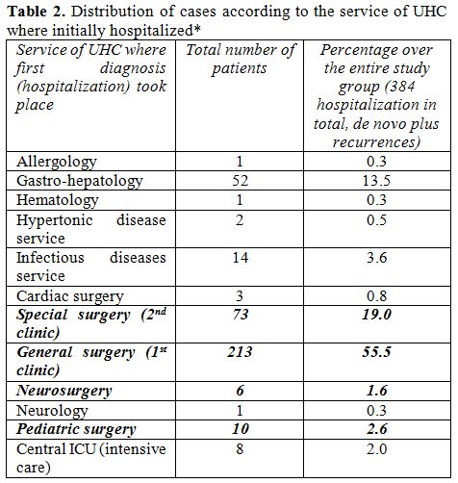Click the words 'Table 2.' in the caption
(37, 12)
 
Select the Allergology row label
(57, 162)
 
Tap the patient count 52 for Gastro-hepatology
(241, 181)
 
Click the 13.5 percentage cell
(376, 181)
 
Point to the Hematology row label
(58, 200)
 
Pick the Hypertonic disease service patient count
(240, 220)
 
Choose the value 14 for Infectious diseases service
(241, 258)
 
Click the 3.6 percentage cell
(377, 258)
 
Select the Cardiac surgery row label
(70, 296)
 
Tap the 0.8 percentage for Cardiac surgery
(377, 296)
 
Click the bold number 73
(241, 315)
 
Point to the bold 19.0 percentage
(377, 315)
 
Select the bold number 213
(240, 352)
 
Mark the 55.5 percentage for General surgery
(377, 352)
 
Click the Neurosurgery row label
(64, 391)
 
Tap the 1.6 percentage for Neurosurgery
(377, 391)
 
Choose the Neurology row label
(52, 411)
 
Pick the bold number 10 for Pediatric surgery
(241, 429)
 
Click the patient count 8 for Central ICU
(240, 448)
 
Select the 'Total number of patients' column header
(240, 59)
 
